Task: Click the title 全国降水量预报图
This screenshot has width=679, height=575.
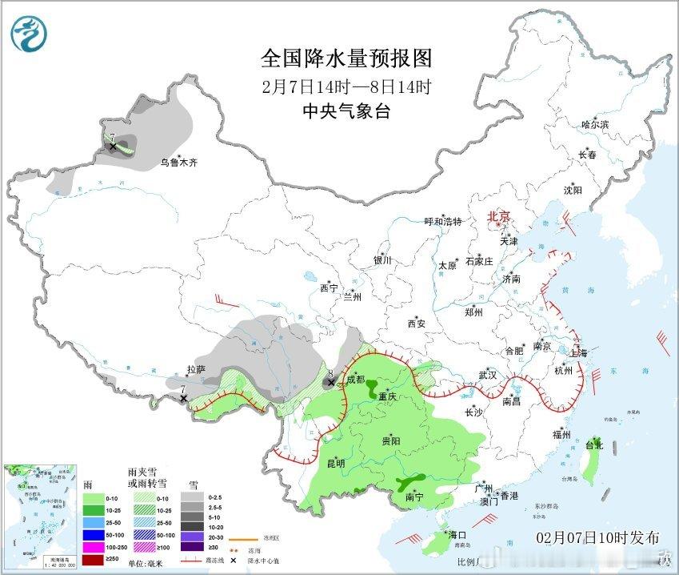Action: click(345, 58)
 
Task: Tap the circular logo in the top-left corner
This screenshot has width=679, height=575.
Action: click(30, 33)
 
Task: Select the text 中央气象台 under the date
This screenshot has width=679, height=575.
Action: click(345, 111)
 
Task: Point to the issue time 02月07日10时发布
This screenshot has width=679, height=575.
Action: click(598, 536)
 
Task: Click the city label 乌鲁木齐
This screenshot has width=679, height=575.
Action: click(178, 163)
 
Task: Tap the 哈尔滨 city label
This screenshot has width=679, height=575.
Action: click(595, 125)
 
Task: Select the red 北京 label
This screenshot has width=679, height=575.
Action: click(498, 216)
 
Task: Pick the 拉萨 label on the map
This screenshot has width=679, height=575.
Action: click(196, 370)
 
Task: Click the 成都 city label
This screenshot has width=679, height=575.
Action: click(356, 379)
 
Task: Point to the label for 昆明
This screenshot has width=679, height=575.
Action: click(335, 463)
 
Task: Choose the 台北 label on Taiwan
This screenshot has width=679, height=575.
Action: click(594, 444)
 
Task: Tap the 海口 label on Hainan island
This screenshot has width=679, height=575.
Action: click(457, 534)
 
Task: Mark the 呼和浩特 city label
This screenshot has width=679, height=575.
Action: click(443, 222)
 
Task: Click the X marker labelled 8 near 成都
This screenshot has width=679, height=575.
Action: click(330, 383)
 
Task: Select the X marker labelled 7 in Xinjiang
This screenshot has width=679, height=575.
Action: click(113, 147)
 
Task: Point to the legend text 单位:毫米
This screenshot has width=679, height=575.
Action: click(150, 562)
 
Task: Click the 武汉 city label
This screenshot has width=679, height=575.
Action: click(487, 375)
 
